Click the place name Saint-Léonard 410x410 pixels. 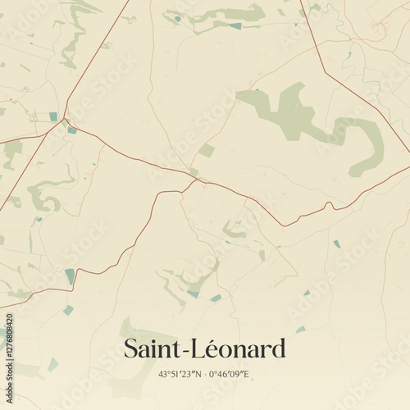(x=205, y=348)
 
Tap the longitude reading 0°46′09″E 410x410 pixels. (x=229, y=374)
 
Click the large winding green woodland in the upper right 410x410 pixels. (x=312, y=123)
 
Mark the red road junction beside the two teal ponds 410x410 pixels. (x=65, y=121)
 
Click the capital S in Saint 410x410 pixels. (x=131, y=348)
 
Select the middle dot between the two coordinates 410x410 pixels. (x=204, y=374)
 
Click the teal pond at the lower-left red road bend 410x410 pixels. (x=70, y=276)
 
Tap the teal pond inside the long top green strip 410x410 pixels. (x=236, y=26)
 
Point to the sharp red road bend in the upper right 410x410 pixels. (x=325, y=72)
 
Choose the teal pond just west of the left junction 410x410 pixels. (x=53, y=116)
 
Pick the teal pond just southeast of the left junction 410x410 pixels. (x=72, y=130)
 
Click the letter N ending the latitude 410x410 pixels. (x=198, y=374)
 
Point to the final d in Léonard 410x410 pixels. (x=279, y=348)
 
